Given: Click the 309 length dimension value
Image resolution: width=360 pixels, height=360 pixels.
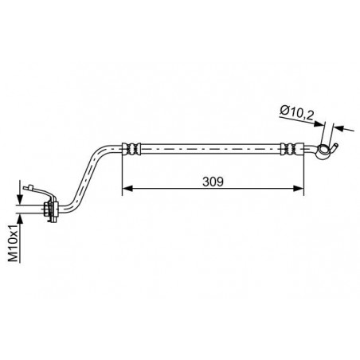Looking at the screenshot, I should pos(212,181).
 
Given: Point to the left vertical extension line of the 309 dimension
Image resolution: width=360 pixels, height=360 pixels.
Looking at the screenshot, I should pos(122,171).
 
